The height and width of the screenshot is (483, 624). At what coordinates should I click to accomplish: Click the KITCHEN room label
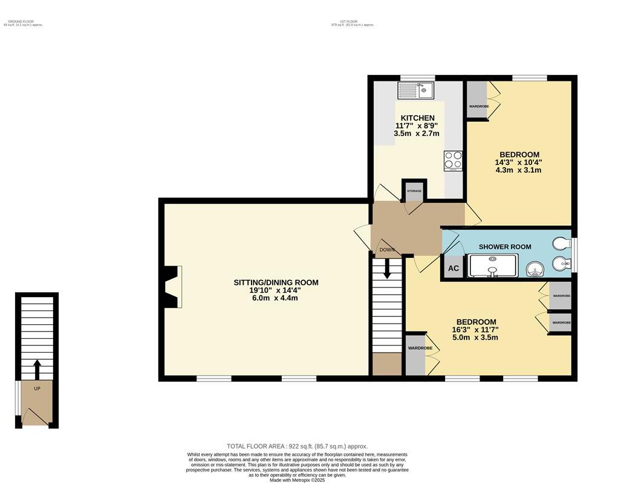pos(417,118)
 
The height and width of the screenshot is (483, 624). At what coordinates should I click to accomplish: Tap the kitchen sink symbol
pos(415,91)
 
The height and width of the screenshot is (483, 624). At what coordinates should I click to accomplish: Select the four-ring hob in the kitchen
pos(453,160)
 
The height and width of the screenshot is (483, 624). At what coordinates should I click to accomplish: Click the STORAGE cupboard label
pos(414,191)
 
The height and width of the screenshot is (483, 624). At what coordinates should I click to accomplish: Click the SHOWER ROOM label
pos(505,246)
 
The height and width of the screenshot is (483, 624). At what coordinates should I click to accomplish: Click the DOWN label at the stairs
pos(387,249)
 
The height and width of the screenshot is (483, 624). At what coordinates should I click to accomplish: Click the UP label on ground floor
pos(37,388)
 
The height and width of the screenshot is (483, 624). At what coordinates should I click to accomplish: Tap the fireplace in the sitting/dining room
pos(174,287)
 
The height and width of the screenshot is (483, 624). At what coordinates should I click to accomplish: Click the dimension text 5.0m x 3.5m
pos(476,337)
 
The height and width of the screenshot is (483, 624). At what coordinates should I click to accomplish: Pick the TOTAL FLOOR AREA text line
pos(297,446)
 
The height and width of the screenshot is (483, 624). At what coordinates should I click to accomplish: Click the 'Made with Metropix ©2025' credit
pos(297,480)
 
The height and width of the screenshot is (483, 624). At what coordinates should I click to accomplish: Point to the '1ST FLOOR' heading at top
pos(353,21)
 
